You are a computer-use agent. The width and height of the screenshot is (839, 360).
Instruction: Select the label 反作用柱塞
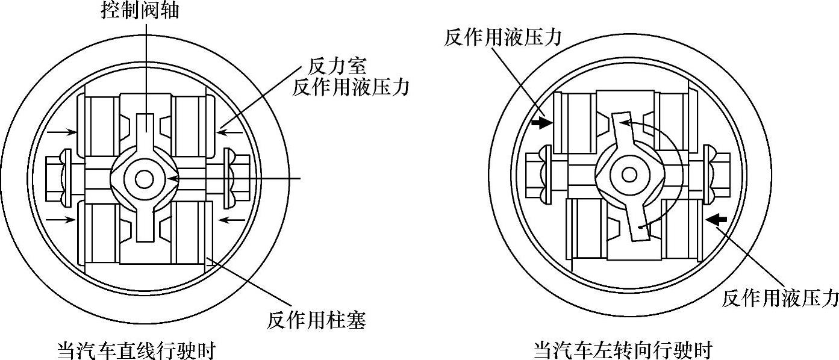tap(316, 320)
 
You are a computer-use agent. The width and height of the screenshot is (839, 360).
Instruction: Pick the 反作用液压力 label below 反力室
tap(351, 87)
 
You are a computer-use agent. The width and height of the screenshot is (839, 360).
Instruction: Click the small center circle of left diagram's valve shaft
tap(144, 179)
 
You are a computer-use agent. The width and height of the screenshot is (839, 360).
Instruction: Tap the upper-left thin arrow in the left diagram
tap(63, 130)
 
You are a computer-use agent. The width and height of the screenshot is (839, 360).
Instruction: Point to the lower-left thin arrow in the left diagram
tap(63, 221)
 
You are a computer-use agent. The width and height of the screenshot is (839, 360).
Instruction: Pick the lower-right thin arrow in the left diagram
tap(230, 221)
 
